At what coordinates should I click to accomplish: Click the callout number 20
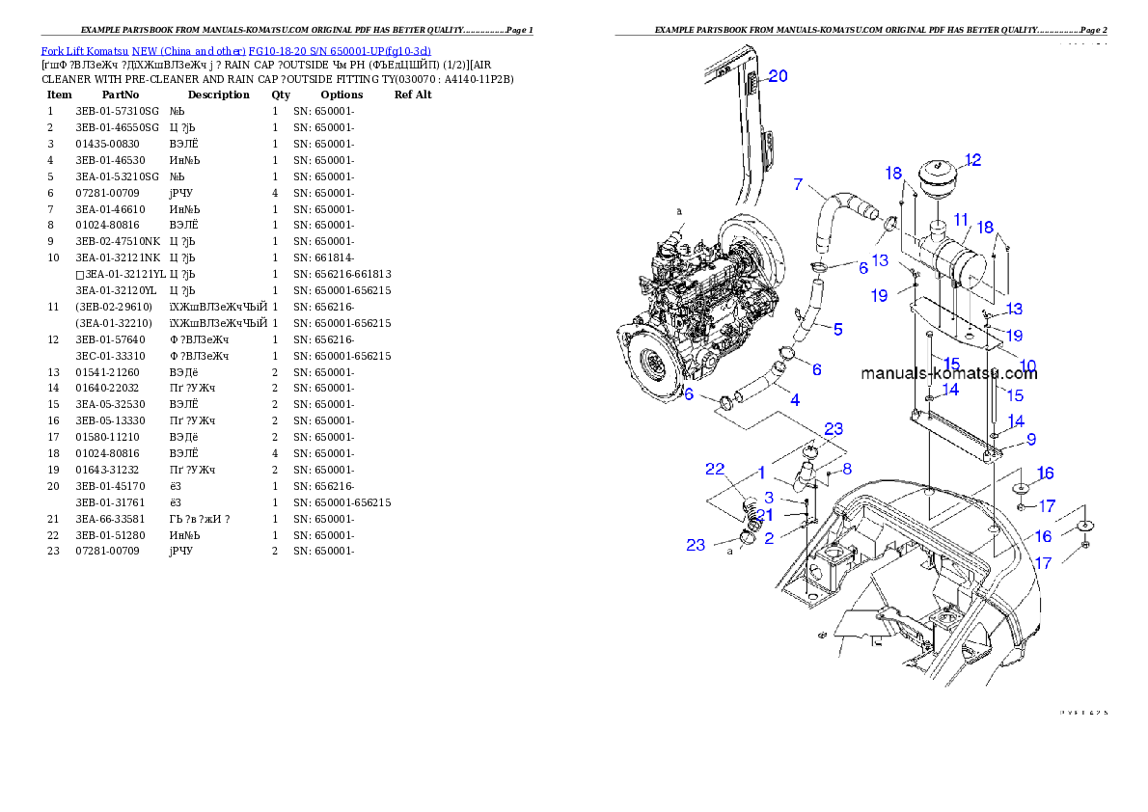point(778,76)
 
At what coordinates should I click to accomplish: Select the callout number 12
point(972,160)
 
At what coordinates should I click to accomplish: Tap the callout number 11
point(961,220)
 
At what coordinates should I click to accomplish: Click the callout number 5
point(837,330)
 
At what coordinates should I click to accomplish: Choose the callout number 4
point(794,398)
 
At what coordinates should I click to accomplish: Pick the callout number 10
point(1028,365)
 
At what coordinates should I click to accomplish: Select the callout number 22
point(715,469)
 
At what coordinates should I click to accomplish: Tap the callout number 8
point(847,470)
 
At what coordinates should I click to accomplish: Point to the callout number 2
point(769,539)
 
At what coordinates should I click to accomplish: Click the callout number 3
point(769,498)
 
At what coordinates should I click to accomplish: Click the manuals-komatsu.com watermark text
point(947,374)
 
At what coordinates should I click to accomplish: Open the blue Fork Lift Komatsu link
point(235,50)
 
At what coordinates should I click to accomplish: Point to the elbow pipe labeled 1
point(804,477)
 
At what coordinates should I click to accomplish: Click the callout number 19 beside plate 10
point(1013,336)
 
